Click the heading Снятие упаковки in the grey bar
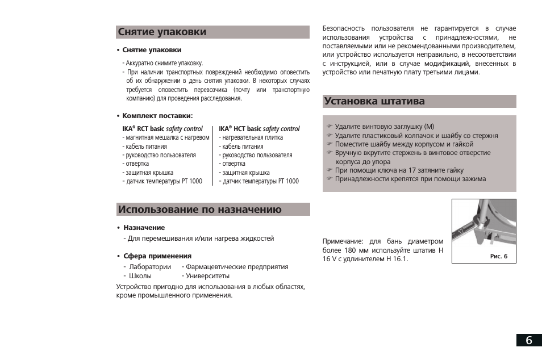(x=162, y=32)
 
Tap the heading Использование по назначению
(x=200, y=210)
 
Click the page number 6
(x=529, y=340)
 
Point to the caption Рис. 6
(x=498, y=257)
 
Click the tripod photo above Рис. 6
(x=484, y=224)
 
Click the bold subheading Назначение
(x=144, y=228)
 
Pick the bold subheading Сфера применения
(x=157, y=256)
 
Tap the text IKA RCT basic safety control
(x=162, y=129)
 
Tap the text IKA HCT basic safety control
(x=259, y=129)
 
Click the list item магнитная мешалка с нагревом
(x=166, y=137)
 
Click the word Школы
(x=140, y=276)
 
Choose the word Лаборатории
(x=149, y=267)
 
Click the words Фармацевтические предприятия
(x=236, y=267)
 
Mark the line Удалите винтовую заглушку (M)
(x=384, y=127)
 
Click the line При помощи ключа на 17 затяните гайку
(x=399, y=170)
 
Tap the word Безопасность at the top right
(x=343, y=28)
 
